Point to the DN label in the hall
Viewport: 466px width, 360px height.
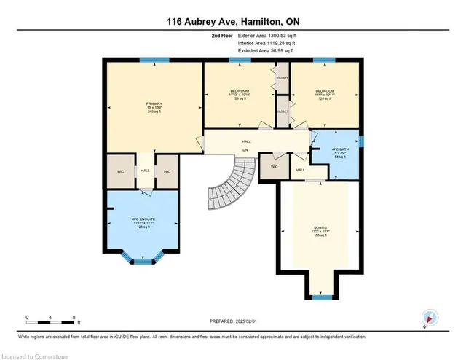[x=245, y=150]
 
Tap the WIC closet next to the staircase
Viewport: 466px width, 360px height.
[x=274, y=167]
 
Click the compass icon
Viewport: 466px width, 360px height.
[x=430, y=317]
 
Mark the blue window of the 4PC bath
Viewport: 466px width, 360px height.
[x=360, y=140]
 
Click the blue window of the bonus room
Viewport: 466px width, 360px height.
[x=321, y=297]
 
